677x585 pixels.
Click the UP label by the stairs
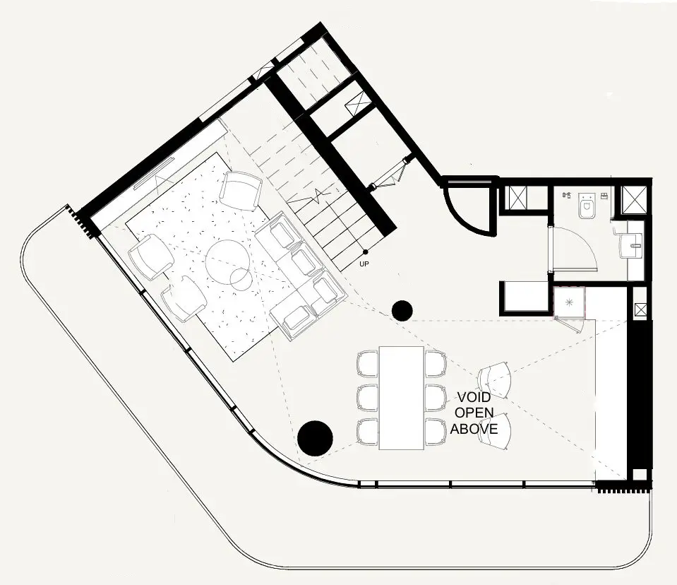[x=365, y=264]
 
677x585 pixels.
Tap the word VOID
[x=474, y=398]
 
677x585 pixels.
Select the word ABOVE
[x=474, y=429]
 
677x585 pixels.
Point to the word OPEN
[x=474, y=413]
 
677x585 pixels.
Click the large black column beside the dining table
[x=315, y=437]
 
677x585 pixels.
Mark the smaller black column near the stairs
[x=402, y=309]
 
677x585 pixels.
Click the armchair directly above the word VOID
[x=496, y=380]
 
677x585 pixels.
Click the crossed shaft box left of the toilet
[x=523, y=199]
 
